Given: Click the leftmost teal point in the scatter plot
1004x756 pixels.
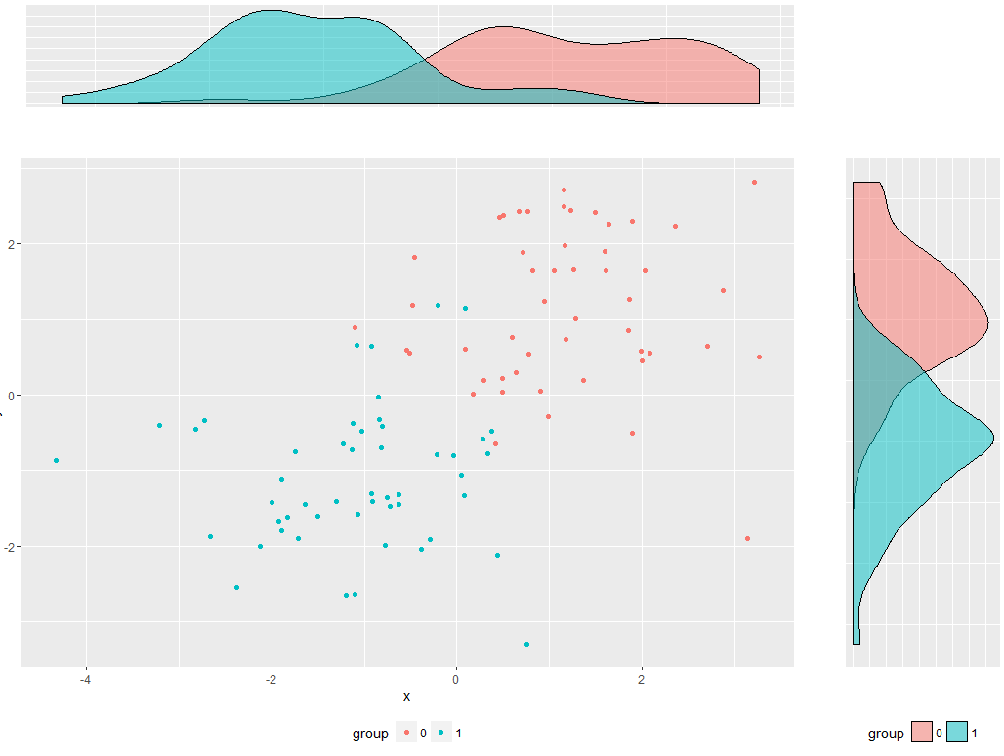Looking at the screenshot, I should coord(56,460).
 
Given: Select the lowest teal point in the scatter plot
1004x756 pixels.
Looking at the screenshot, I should coord(527,644).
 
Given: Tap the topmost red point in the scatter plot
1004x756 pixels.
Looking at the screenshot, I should coord(754,182).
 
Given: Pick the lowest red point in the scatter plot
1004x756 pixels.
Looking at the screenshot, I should coord(747,538).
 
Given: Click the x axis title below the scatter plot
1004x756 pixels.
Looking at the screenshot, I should coord(406,697).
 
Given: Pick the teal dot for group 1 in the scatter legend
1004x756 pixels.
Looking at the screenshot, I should coord(441,733).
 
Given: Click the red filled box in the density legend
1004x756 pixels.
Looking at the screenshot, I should coord(922,733).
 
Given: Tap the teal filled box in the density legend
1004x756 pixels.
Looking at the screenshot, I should coord(957,733).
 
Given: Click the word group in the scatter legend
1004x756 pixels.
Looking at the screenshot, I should coord(370,733).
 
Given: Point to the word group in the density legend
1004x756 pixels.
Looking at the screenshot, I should coord(886,733).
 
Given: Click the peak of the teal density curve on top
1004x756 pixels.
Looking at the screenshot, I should coord(267,12).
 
